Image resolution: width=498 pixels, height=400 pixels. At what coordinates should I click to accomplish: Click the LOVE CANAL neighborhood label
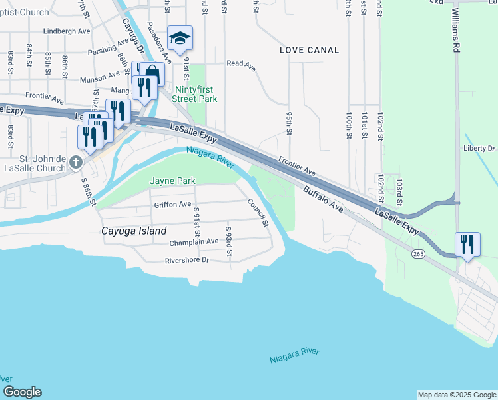309,50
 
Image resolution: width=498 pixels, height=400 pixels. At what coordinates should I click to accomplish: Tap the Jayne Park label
172,181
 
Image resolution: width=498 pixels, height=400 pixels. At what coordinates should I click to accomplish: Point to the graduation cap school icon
180,39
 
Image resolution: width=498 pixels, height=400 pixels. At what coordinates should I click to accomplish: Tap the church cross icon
77,162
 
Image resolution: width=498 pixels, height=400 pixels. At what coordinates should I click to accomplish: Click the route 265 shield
418,254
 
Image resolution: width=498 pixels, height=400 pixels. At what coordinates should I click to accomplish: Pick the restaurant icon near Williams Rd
468,244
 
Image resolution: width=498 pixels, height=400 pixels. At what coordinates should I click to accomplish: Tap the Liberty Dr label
479,148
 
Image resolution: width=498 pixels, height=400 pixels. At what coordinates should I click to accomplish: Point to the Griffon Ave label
172,205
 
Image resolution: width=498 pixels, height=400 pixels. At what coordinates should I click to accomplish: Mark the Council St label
257,212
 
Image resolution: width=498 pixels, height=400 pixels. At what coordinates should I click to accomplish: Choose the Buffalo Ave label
323,200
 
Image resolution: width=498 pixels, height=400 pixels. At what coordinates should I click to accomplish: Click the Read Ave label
241,64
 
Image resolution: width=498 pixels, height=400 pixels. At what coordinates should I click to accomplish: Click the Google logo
22,392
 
